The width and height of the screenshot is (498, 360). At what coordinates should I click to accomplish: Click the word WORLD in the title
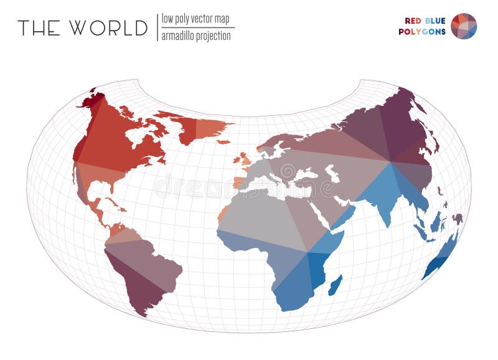click(108, 28)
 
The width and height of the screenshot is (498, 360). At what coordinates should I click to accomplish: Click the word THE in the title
click(39, 28)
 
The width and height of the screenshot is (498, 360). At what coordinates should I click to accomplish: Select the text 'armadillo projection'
click(196, 36)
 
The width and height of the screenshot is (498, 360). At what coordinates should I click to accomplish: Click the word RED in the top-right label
click(413, 20)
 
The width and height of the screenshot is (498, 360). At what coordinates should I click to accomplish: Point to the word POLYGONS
click(422, 32)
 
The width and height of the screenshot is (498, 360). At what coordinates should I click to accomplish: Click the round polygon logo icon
click(464, 26)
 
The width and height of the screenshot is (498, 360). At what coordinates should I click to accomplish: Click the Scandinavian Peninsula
click(274, 144)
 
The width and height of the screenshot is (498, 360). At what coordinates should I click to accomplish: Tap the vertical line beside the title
click(157, 27)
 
